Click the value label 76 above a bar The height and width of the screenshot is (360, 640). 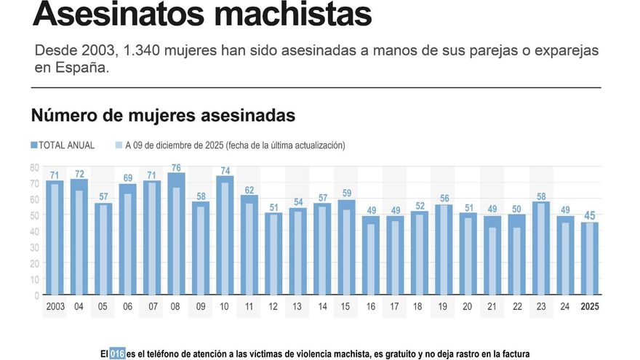point(177,167)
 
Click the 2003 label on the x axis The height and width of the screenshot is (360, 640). point(55,306)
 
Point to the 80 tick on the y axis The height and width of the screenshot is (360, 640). point(34,167)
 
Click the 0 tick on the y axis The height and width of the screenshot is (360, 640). point(36,296)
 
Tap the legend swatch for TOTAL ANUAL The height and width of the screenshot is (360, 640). point(33,145)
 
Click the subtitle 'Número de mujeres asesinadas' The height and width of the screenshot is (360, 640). point(163,116)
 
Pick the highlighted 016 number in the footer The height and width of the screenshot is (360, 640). point(117,354)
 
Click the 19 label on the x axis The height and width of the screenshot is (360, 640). point(443,306)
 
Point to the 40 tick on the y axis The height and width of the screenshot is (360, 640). point(34,231)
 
